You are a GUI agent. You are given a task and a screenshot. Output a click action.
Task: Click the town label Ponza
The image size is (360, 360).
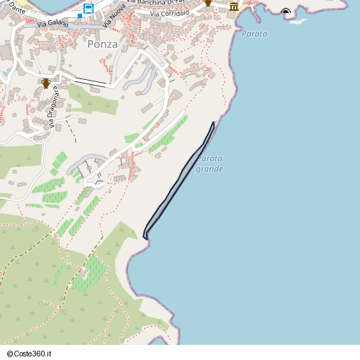[102, 43]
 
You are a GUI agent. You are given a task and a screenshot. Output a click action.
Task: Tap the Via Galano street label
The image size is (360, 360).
[52, 24]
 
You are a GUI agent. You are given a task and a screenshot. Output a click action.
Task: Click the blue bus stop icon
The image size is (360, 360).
[88, 9]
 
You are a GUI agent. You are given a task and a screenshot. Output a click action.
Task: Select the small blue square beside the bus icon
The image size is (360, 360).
[79, 15]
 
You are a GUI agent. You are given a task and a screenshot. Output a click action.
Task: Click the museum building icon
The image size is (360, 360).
[234, 7]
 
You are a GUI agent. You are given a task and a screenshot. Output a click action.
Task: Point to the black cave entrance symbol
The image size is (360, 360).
[287, 12]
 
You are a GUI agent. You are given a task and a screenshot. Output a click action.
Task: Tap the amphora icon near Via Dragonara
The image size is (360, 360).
[46, 83]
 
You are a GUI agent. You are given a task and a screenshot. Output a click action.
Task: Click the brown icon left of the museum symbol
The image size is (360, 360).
[208, 3]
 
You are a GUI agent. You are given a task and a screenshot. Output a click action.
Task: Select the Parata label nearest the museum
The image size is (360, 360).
[254, 34]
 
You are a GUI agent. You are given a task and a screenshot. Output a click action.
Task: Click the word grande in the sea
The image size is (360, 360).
[210, 169]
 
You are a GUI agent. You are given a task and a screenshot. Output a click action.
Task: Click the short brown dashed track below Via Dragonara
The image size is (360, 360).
[71, 130]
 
